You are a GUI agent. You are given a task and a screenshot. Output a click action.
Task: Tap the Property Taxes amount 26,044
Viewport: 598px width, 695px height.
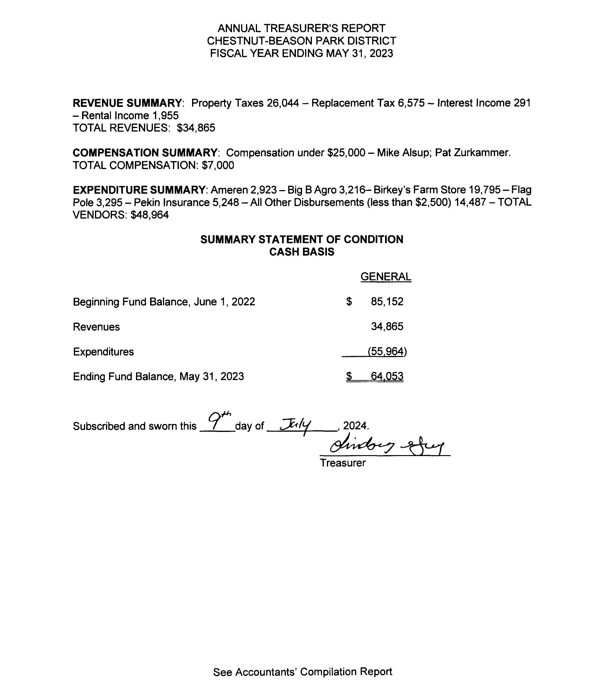pyautogui.click(x=283, y=103)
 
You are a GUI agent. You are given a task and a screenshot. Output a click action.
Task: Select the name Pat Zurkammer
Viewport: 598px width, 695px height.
pyautogui.click(x=473, y=153)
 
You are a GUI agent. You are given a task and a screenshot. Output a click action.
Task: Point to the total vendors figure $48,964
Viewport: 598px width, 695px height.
pyautogui.click(x=150, y=215)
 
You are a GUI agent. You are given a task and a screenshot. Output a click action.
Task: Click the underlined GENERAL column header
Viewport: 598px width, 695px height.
pyautogui.click(x=386, y=277)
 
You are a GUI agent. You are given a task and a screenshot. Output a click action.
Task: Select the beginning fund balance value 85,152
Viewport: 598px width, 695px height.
pyautogui.click(x=387, y=302)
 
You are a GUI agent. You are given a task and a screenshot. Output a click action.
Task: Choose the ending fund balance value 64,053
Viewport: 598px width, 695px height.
pyautogui.click(x=387, y=376)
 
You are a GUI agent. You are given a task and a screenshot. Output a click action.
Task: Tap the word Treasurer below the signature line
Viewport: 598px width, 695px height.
pyautogui.click(x=342, y=463)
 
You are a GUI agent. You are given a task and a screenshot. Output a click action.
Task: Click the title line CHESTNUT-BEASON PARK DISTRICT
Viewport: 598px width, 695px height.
pyautogui.click(x=302, y=41)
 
